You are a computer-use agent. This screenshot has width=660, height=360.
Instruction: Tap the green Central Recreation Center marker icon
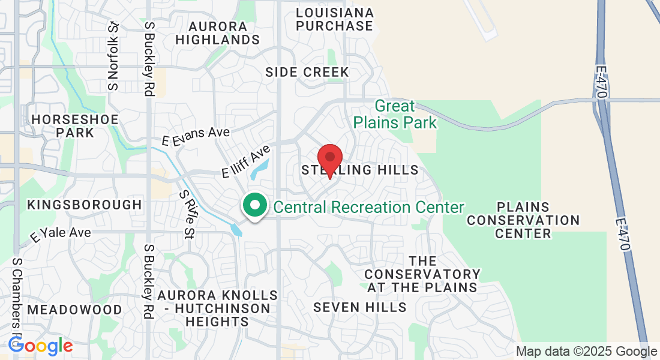click(255, 206)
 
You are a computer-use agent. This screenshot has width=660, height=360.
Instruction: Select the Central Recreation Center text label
click(368, 208)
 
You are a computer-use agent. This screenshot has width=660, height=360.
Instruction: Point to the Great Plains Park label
click(395, 115)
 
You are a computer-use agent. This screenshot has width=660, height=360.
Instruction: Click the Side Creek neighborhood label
click(307, 72)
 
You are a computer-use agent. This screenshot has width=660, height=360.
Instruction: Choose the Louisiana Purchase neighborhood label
click(335, 19)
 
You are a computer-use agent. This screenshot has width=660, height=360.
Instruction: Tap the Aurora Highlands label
click(217, 33)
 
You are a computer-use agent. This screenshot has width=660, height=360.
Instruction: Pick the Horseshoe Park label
click(75, 125)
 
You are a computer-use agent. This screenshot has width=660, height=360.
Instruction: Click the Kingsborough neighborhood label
click(85, 205)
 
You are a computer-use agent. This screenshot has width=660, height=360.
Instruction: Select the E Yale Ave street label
click(61, 234)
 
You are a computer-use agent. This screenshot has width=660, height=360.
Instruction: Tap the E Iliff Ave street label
click(246, 162)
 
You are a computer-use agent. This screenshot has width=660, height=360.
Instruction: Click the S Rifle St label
click(188, 214)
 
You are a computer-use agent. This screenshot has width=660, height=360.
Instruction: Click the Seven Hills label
click(360, 307)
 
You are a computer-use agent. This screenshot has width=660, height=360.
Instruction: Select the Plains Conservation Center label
click(523, 220)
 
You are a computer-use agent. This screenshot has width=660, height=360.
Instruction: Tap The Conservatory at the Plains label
click(422, 274)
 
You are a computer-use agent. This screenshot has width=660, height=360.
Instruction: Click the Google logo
click(40, 346)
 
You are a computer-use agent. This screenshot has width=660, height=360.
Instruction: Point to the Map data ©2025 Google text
click(587, 352)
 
